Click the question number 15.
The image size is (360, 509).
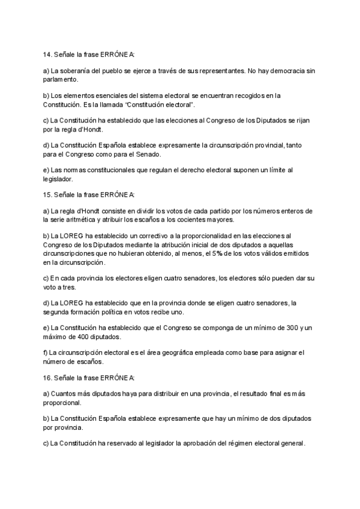click(47, 194)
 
